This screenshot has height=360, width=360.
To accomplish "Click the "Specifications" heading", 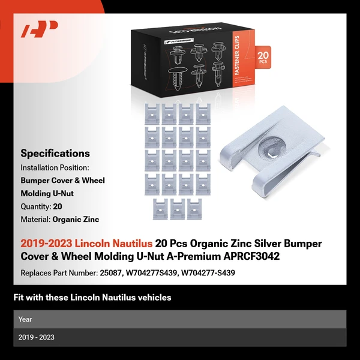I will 55,154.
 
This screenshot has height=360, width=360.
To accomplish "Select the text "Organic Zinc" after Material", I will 76,220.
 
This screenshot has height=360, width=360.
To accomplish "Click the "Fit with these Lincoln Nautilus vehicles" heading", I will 92,298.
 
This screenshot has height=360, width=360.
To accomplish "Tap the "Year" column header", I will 25,319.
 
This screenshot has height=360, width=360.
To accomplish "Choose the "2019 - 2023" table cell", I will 36,337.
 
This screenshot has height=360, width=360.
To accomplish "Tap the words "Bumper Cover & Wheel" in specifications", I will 62,180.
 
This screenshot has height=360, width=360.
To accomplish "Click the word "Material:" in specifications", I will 35,220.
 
